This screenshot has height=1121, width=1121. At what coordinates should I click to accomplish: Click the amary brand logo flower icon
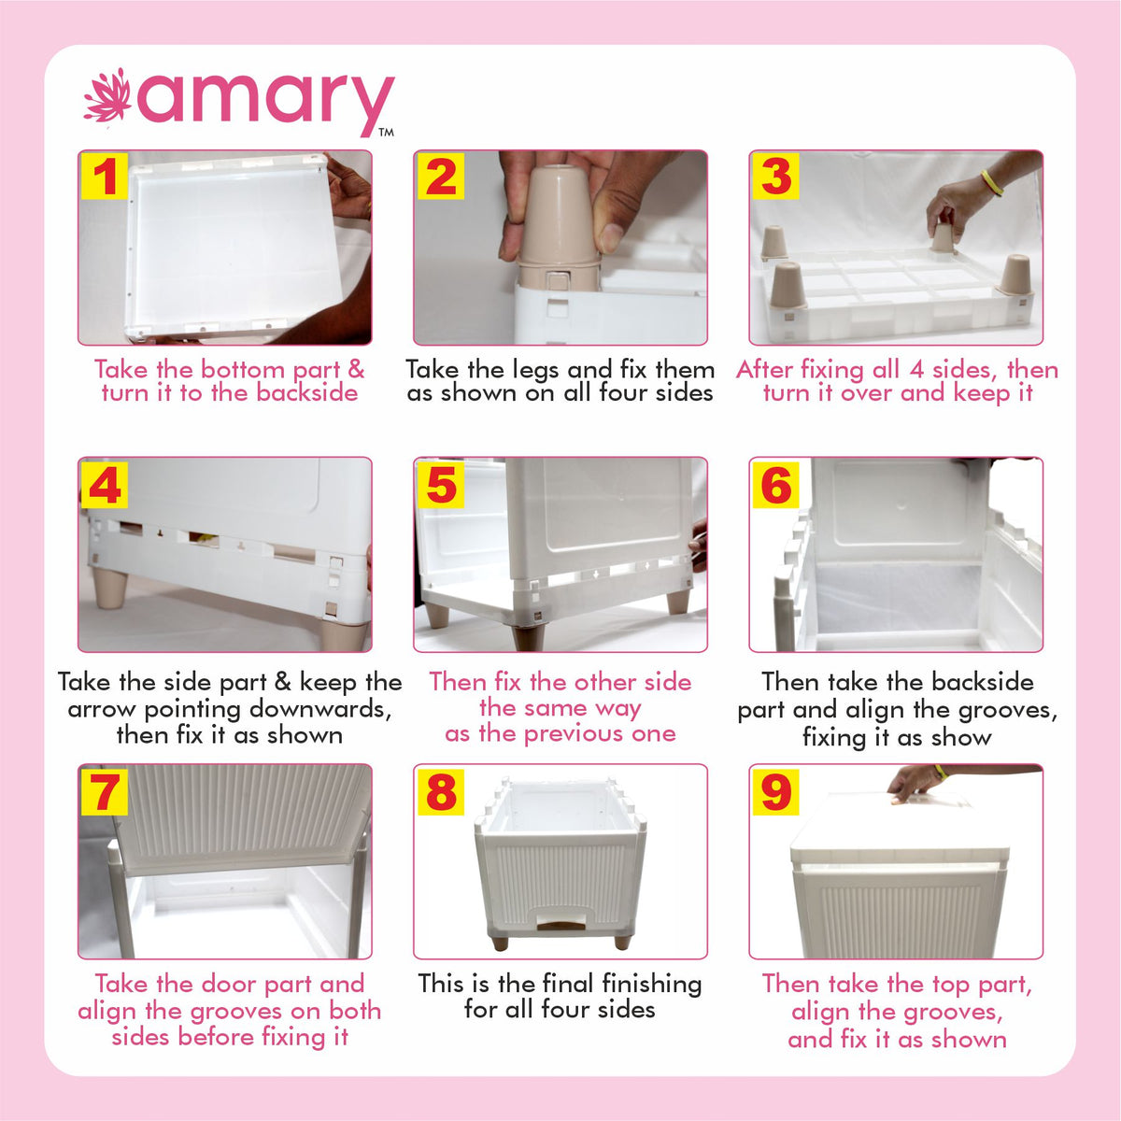107,97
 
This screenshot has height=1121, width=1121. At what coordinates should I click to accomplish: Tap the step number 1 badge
105,177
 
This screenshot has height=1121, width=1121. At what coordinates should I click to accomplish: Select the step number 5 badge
440,485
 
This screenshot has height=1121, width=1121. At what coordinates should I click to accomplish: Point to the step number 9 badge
776,792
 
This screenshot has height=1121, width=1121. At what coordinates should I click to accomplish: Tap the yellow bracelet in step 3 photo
991,183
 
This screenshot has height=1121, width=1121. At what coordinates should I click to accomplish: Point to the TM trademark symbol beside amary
386,134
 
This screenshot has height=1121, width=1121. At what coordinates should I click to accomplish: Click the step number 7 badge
105,792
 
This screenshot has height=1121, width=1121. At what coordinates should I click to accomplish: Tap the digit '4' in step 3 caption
916,369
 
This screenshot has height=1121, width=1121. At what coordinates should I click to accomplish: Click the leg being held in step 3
942,238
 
